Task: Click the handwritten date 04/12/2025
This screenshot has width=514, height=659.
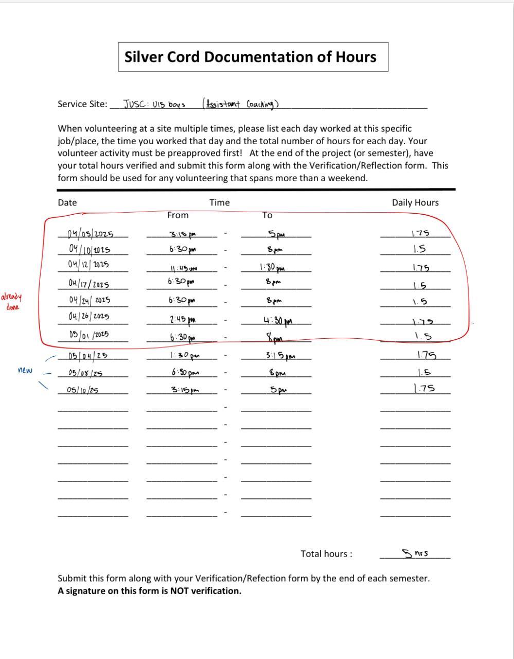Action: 88,265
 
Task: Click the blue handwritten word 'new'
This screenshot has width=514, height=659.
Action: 25,370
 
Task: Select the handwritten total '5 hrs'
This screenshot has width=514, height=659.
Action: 416,553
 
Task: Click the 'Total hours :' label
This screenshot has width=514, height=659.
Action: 327,554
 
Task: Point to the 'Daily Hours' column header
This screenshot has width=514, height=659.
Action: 415,202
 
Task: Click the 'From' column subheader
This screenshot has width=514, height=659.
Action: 178,215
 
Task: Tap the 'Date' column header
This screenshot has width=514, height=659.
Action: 67,202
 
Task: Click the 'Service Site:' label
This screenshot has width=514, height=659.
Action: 82,104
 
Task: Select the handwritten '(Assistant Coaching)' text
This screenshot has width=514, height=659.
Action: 240,103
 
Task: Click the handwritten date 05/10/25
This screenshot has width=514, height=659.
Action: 82,390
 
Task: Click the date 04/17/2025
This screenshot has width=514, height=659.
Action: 88,283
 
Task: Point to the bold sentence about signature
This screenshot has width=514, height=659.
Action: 149,591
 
